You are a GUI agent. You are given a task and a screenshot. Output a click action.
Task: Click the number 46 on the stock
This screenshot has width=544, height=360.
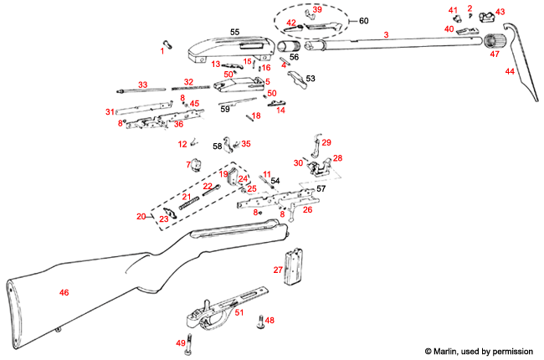64,292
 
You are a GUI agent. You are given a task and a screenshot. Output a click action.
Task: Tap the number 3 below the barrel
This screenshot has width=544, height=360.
386,35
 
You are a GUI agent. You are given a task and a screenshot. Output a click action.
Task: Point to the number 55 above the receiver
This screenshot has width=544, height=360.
234,32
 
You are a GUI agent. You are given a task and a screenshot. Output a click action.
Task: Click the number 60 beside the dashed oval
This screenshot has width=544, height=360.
364,19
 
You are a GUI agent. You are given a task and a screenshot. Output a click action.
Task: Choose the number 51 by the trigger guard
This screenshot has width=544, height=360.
239,312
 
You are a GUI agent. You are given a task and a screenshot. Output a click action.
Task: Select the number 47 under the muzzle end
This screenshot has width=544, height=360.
495,54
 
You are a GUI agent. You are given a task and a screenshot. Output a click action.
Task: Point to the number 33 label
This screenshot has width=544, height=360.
143,85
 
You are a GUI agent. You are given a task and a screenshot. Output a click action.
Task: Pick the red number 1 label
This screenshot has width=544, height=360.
163,51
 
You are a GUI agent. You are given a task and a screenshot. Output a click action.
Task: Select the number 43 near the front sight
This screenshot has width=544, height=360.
500,12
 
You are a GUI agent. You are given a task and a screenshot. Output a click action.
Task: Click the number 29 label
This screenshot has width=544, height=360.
326,142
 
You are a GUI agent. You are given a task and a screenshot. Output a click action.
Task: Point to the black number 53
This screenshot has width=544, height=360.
310,78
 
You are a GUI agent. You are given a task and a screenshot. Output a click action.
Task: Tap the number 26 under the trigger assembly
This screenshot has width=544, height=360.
307,209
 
